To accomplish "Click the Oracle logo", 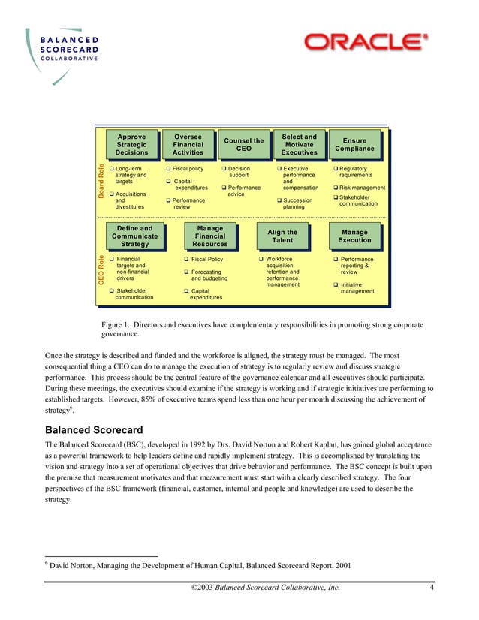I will click(x=366, y=42).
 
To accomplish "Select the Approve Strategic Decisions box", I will click(x=131, y=145).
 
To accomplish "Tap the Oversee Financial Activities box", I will click(x=187, y=145).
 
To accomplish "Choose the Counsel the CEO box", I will click(x=243, y=145).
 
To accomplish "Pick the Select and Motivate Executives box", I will click(x=299, y=145).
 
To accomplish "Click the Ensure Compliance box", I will click(x=354, y=145).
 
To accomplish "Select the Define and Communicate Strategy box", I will click(x=135, y=236).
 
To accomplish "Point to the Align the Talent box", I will click(x=282, y=236).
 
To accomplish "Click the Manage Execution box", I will click(x=354, y=236).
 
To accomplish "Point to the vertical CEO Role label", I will click(x=101, y=278).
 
